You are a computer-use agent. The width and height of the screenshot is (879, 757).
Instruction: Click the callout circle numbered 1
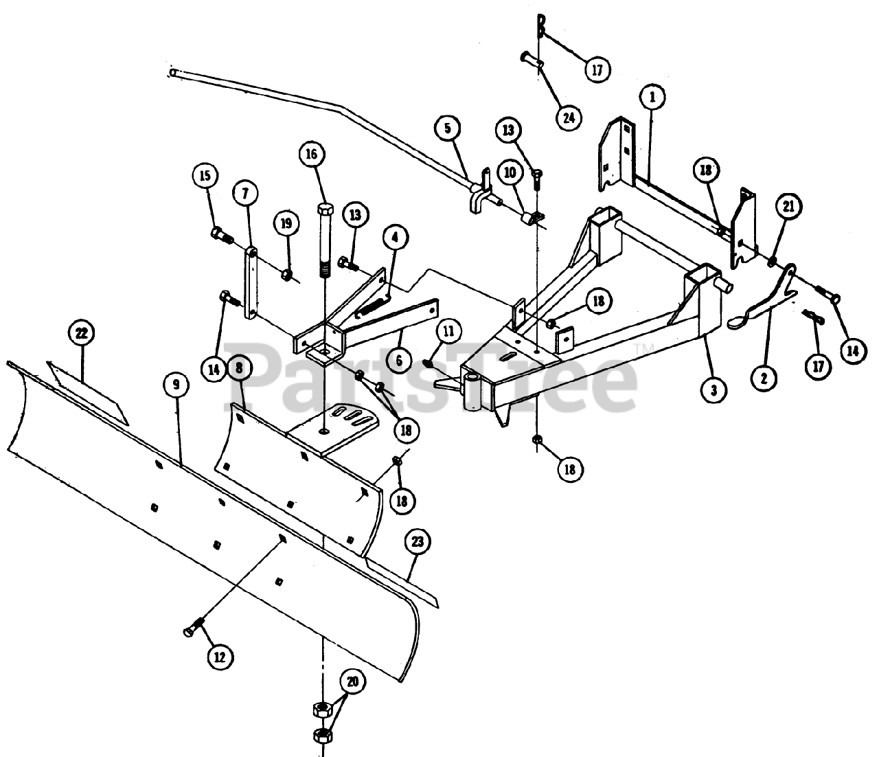point(652,97)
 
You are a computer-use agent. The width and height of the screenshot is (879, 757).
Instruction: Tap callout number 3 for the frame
point(714,389)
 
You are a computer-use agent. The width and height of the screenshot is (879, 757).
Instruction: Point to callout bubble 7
point(246,194)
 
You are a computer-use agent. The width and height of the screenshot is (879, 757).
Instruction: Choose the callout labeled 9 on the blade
point(176,385)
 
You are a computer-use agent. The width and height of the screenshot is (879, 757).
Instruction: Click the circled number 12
point(220,657)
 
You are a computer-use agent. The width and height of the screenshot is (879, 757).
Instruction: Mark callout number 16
point(312,154)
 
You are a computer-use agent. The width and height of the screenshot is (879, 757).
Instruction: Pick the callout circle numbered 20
point(353,682)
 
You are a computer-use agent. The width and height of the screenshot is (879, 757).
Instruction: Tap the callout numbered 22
point(81,335)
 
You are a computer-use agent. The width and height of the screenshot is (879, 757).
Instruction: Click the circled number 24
point(567,117)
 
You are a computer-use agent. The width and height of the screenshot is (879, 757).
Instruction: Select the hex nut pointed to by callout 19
point(288,275)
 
